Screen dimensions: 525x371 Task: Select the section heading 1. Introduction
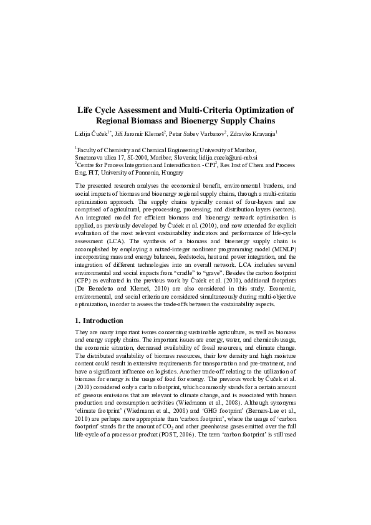(x=99, y=321)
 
